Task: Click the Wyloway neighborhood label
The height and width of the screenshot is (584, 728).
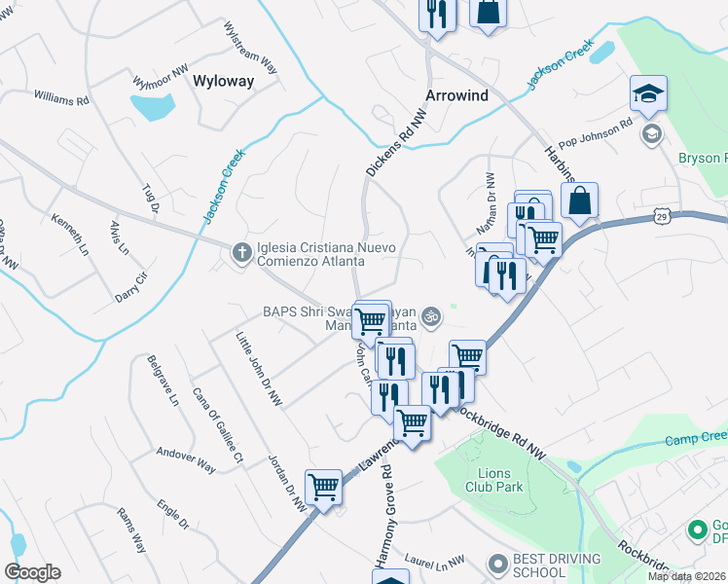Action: pos(224,81)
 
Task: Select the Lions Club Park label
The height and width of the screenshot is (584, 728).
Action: pos(494,480)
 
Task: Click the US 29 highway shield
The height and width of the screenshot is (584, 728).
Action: pos(663,211)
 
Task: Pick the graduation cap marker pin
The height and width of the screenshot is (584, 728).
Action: pos(648,94)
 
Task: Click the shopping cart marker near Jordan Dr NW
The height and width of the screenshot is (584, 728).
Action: pos(323,486)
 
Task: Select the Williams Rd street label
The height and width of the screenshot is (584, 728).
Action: pos(61,98)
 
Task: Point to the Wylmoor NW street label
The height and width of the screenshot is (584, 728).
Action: pos(161,77)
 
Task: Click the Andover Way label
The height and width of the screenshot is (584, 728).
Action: pos(186,458)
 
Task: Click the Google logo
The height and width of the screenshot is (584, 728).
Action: pos(32,572)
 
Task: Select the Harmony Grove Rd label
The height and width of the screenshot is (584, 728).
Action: pos(385,516)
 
